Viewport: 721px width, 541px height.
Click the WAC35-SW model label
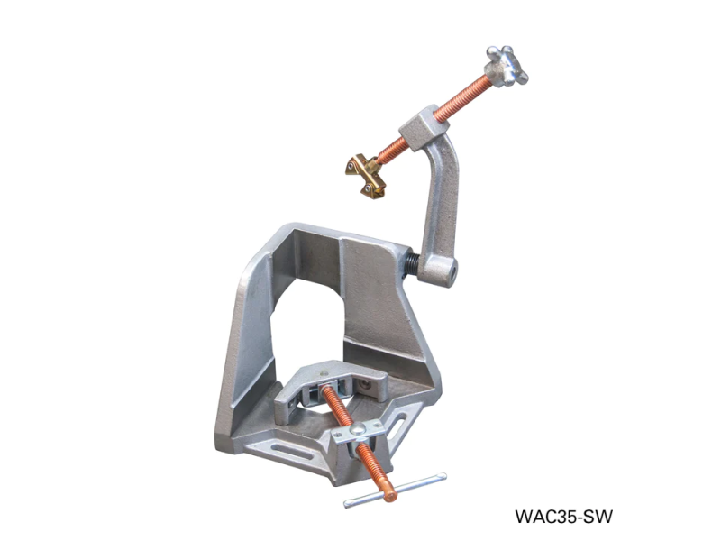click(563, 517)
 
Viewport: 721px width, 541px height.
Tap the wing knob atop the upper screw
click(507, 65)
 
